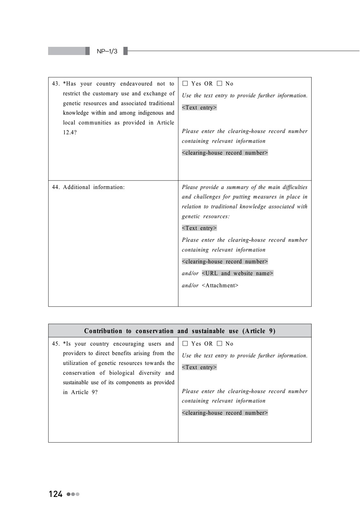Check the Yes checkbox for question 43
click(x=185, y=84)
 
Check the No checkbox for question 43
click(x=219, y=84)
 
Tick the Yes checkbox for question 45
click(x=185, y=344)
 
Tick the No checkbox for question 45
click(x=219, y=344)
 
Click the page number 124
click(x=56, y=494)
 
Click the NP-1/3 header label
click(x=107, y=51)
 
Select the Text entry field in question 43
click(x=199, y=107)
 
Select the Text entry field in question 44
click(x=199, y=228)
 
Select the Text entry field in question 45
click(x=199, y=367)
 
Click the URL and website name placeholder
click(x=238, y=273)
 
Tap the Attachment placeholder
click(x=220, y=285)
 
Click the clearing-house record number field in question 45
click(x=225, y=413)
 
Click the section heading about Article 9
click(x=180, y=331)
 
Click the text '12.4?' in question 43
click(x=70, y=132)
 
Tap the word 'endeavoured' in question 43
click(x=136, y=84)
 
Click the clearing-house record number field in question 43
click(x=225, y=153)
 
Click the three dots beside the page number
click(x=73, y=494)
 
